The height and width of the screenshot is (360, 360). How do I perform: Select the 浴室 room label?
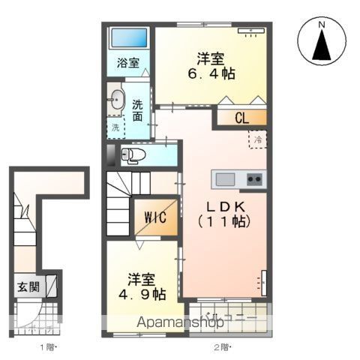127,64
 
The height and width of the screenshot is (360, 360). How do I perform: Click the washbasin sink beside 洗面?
116,99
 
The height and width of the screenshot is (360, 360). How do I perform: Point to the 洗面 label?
138,110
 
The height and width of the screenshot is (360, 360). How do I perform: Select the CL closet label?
241,117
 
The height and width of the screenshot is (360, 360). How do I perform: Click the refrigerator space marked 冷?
256,139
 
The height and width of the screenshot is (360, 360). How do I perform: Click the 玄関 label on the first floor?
29,286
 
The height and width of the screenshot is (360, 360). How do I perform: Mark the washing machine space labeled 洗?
115,127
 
